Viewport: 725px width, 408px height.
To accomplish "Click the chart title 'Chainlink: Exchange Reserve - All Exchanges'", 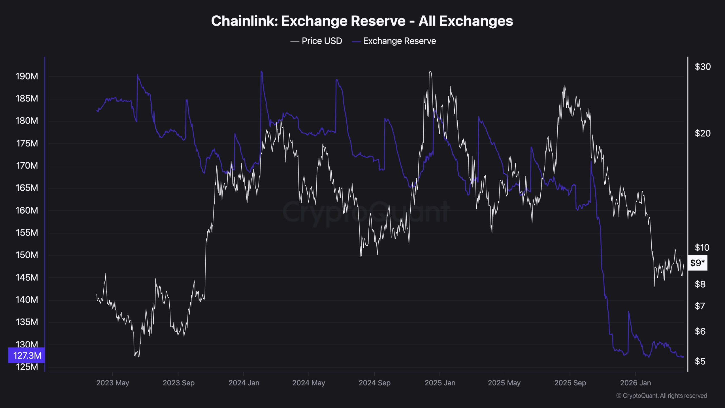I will (x=362, y=21).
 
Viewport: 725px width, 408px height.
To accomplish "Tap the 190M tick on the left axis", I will (x=27, y=76).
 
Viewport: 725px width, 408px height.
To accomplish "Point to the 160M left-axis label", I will (x=27, y=210).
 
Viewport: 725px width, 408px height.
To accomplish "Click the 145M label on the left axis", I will (x=27, y=277).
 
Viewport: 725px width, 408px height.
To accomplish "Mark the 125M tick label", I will (x=27, y=367).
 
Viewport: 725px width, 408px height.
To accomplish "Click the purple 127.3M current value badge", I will (x=27, y=355).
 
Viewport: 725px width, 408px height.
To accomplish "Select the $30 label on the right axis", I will (x=703, y=67).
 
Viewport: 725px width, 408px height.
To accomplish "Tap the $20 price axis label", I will (x=703, y=133).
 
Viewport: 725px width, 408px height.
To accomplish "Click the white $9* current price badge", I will (x=698, y=263).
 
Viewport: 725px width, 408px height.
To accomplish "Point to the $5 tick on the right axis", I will (x=700, y=361).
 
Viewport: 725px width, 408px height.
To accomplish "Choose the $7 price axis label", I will (x=700, y=306).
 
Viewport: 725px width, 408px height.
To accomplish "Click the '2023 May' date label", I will (x=113, y=383).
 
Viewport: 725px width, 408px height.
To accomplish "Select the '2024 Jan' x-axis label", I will (x=244, y=383).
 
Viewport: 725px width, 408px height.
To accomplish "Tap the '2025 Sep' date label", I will (x=570, y=383).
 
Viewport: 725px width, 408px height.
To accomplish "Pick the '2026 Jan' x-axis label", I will (x=636, y=383).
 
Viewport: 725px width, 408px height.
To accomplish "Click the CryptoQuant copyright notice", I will (x=662, y=396).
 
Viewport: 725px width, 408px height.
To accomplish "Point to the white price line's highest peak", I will (x=430, y=71).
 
